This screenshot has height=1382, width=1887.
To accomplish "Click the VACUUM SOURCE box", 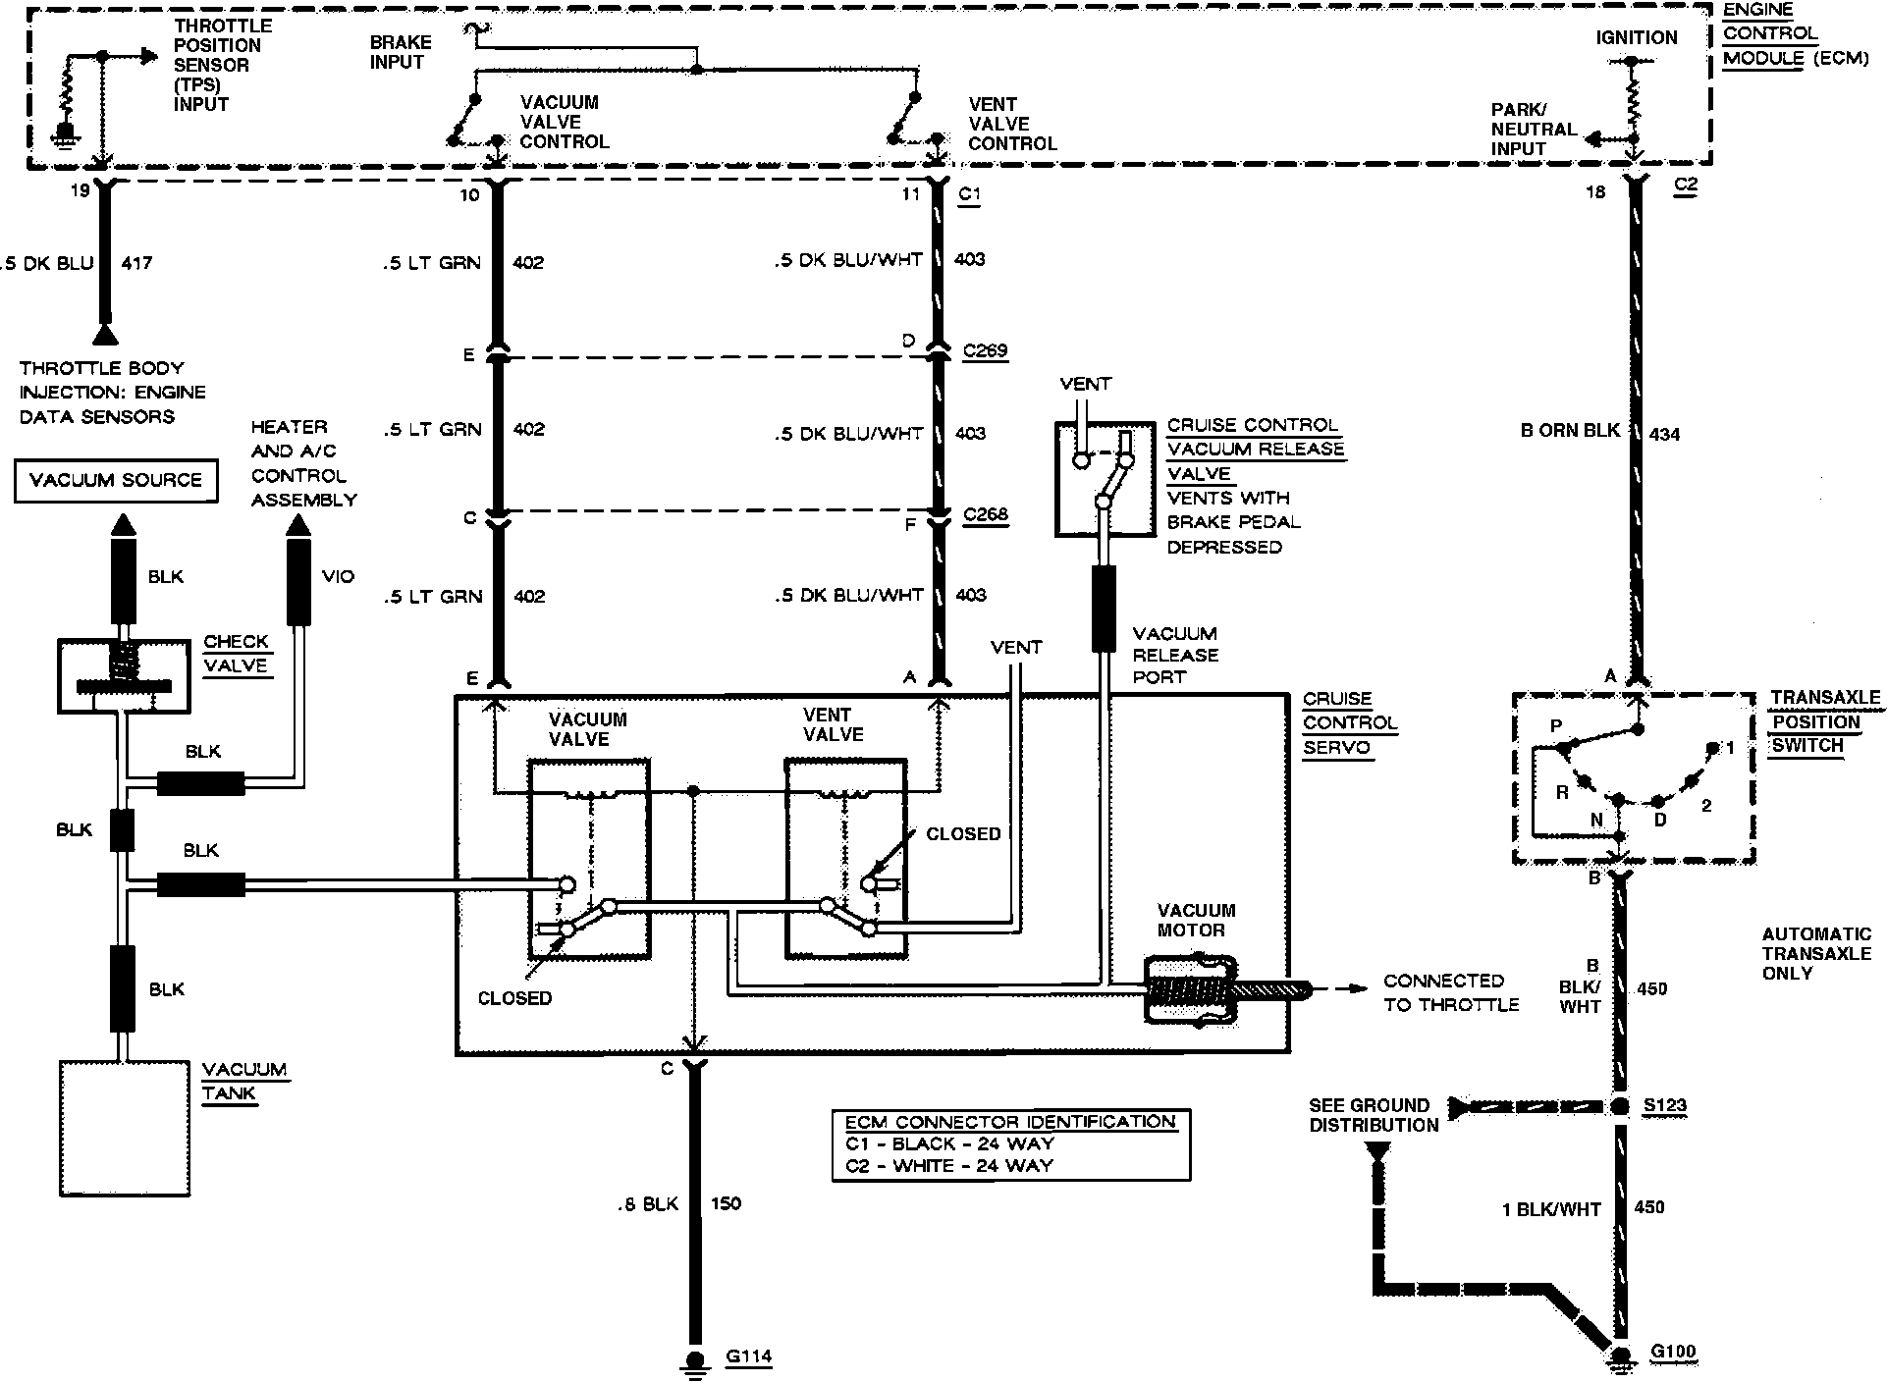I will point(116,480).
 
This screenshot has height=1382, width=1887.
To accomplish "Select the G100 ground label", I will point(1673,1353).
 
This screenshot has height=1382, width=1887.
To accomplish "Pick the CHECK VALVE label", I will point(236,654).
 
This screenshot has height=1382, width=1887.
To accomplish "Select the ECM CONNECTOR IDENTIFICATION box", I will point(1010,1144).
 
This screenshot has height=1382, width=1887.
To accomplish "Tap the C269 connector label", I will point(985,350).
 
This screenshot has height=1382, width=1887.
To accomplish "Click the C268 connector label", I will point(985,514).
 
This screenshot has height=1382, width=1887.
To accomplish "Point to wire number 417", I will point(136,263).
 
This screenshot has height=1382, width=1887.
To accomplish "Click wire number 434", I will point(1665,433).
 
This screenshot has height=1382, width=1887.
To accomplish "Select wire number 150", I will point(726,1203).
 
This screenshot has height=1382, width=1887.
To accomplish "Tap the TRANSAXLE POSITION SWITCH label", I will point(1824,721).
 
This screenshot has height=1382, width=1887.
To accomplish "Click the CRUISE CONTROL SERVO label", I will point(1350,723).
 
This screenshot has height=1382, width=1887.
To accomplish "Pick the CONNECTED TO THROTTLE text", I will point(1451,992).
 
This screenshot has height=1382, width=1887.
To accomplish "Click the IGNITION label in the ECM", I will point(1636,38).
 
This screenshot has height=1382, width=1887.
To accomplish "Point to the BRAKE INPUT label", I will point(400,52).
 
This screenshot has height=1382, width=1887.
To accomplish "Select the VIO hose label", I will point(338,576).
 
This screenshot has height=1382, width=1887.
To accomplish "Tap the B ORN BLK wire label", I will point(1569,431).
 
